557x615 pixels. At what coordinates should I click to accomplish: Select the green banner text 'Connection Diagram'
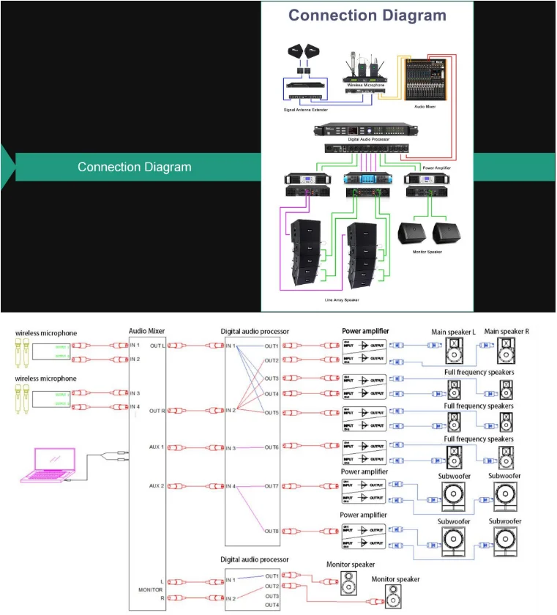click(135, 167)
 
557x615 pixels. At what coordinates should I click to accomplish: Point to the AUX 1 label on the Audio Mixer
click(157, 447)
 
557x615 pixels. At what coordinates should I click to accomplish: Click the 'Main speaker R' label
click(506, 331)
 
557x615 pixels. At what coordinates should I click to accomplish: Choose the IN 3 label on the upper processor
click(231, 447)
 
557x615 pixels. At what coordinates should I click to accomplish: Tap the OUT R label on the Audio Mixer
click(157, 411)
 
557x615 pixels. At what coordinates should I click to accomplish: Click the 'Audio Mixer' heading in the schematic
click(147, 331)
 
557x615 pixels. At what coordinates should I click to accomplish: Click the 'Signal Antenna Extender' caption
click(306, 109)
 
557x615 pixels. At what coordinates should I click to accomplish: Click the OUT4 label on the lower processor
click(272, 605)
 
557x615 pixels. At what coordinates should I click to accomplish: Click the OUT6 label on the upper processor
click(272, 447)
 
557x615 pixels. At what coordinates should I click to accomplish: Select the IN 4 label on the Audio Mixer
click(135, 406)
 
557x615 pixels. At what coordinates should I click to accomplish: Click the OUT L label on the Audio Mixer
click(157, 346)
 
